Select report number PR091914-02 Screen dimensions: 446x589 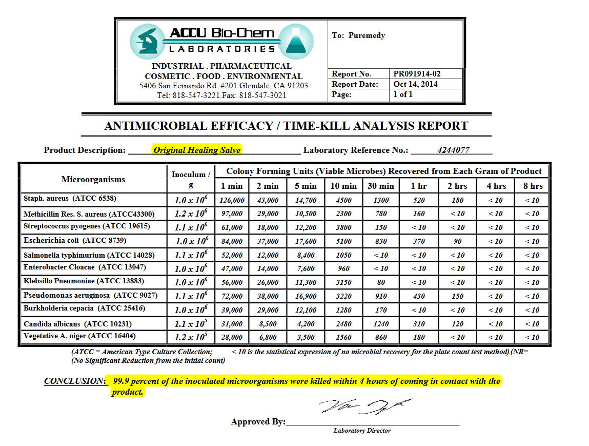pos(417,74)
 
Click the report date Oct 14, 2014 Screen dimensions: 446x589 pos(415,84)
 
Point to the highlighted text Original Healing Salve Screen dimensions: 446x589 pos(197,150)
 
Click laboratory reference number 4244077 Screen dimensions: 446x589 pos(454,150)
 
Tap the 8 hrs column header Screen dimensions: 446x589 pos(533,186)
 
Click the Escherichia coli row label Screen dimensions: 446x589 pos(74,240)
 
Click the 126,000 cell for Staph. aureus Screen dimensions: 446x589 pos(232,200)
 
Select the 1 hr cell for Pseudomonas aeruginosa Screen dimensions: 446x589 pos(419,296)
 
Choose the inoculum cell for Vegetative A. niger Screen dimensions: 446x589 pos(191,337)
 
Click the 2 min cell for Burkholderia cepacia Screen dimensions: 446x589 pos(267,310)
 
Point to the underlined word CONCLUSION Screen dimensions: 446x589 pos(74,381)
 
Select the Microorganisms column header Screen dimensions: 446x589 pos(93,179)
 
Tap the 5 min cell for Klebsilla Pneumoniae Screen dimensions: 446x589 pos(307,282)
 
